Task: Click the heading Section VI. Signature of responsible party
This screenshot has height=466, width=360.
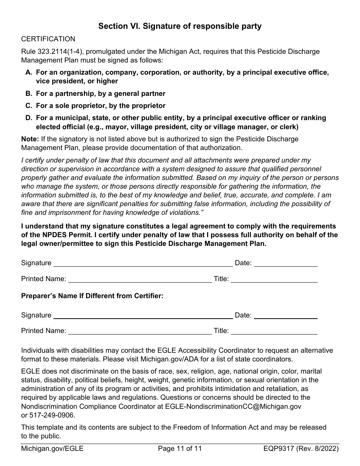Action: click(x=180, y=26)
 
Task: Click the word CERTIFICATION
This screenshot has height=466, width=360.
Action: click(x=48, y=39)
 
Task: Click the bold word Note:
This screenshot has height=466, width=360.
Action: click(x=30, y=139)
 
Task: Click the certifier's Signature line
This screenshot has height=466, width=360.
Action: click(x=143, y=264)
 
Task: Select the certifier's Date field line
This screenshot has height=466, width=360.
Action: click(x=285, y=264)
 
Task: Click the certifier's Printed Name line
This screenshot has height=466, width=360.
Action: click(x=140, y=280)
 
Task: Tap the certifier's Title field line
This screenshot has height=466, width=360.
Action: click(x=274, y=280)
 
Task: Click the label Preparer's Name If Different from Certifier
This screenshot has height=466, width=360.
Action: click(x=92, y=296)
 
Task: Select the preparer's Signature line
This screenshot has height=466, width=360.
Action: click(x=143, y=316)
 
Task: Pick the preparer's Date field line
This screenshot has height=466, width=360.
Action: click(x=285, y=316)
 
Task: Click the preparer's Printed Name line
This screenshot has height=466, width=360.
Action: click(x=140, y=332)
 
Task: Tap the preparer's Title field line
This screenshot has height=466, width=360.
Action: click(x=274, y=332)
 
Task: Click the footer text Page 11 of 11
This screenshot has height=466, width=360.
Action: click(x=180, y=449)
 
